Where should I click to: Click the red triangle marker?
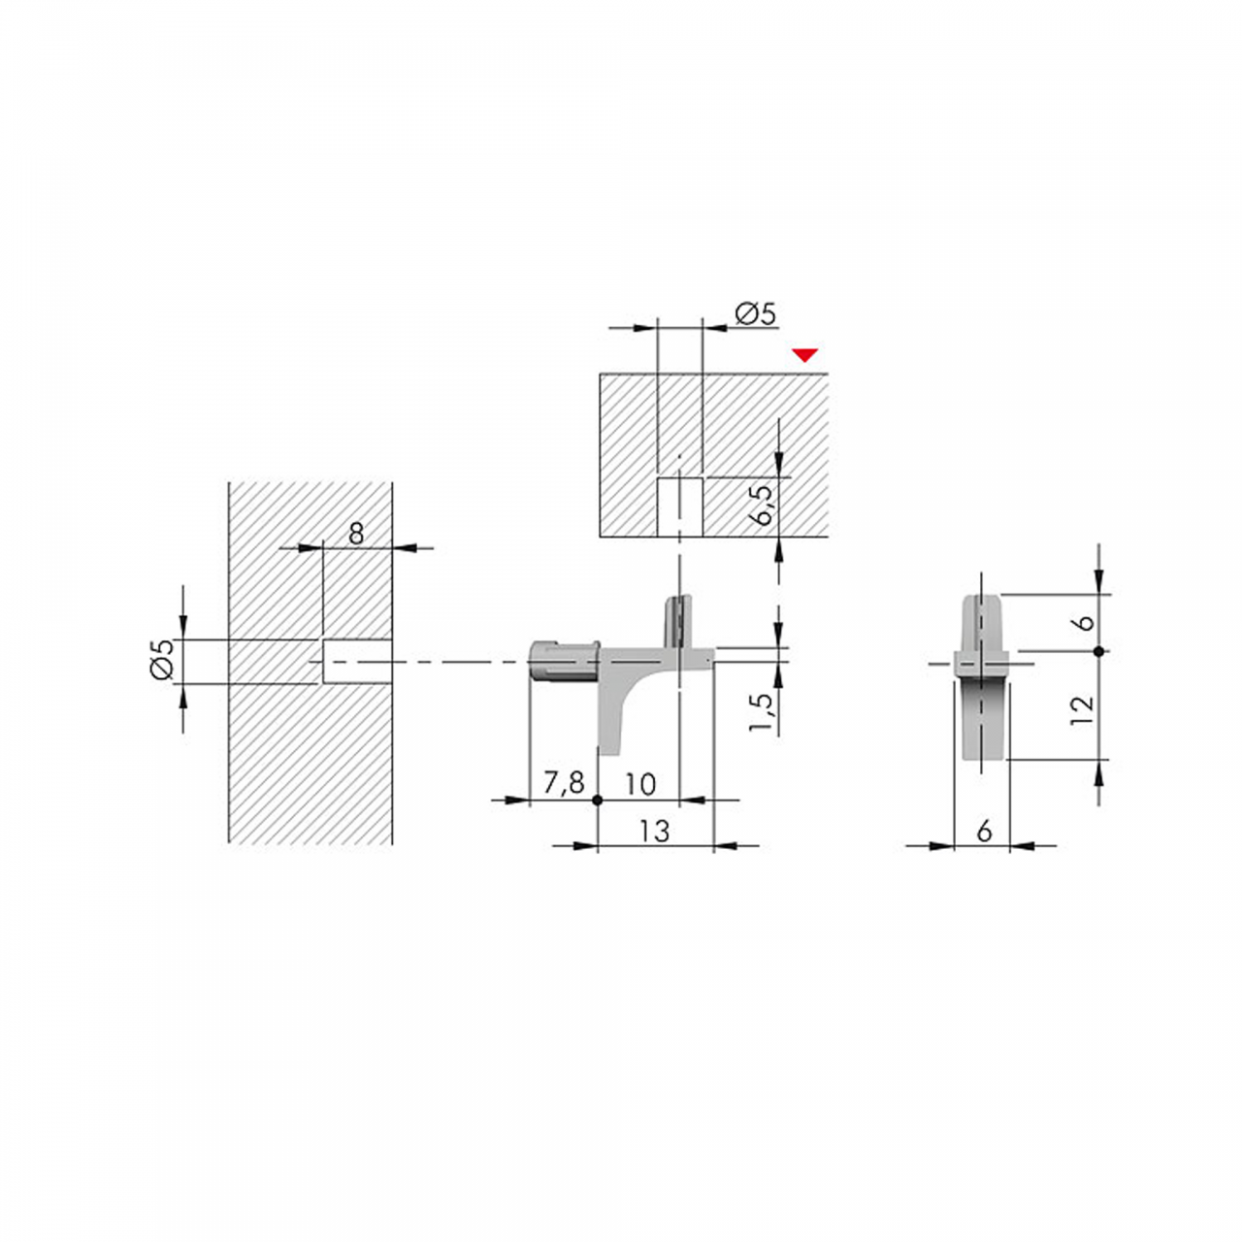805,355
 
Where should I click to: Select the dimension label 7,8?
564,782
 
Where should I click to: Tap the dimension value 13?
655,832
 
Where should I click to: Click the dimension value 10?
640,784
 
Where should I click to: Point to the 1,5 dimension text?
761,712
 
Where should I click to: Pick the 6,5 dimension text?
761,506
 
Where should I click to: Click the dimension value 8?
356,533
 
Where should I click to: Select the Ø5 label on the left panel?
162,660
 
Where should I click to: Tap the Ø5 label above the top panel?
755,313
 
